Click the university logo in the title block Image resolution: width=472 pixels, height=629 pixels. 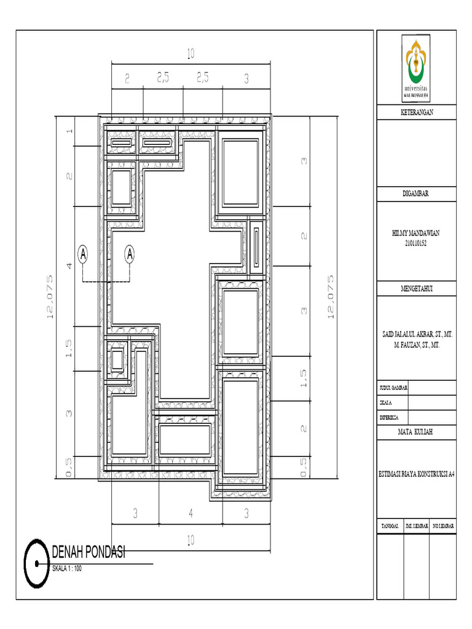click(417, 68)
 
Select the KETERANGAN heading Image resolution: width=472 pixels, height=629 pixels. click(417, 111)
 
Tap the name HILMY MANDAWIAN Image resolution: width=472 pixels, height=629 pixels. click(417, 233)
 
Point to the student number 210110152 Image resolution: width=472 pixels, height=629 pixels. click(417, 243)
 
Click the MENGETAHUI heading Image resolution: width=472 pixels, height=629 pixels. click(417, 288)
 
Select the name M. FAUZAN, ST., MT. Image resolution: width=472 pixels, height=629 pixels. click(417, 346)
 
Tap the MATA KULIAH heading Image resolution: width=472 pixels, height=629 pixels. click(417, 432)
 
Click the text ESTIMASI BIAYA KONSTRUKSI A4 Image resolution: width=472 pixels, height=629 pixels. click(417, 474)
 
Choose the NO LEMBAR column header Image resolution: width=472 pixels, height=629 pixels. click(442, 527)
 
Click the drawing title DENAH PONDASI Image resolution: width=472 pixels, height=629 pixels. click(88, 552)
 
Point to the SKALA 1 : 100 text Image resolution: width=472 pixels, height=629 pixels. click(66, 568)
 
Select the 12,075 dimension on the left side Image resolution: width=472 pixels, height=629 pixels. click(49, 296)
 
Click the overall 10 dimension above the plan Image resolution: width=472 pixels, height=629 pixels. click(191, 55)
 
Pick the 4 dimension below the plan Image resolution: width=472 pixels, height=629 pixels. click(191, 512)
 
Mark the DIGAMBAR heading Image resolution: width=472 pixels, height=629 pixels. click(417, 193)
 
